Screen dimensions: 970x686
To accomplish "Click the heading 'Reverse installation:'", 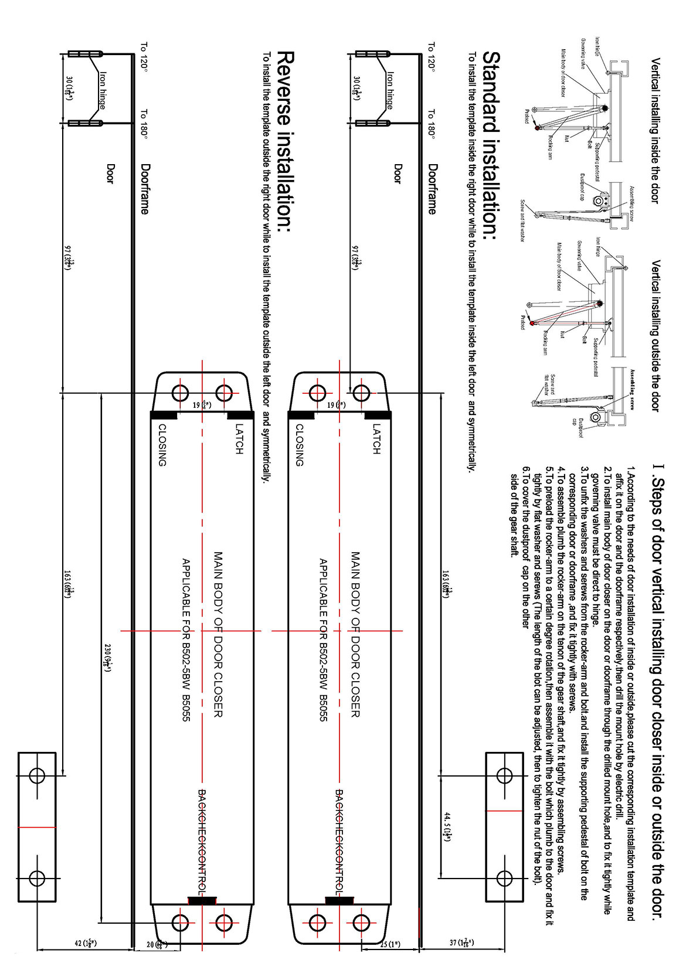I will click(x=286, y=141).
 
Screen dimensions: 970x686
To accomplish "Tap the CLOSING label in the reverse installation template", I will click(x=162, y=445).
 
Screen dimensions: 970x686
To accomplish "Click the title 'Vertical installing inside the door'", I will click(x=655, y=130).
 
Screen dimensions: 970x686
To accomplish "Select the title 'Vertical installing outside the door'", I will click(x=655, y=335).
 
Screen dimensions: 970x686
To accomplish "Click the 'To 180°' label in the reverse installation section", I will click(x=144, y=124).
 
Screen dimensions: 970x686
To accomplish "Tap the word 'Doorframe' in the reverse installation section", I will click(x=144, y=189).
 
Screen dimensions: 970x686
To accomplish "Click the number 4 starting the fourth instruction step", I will click(x=561, y=470).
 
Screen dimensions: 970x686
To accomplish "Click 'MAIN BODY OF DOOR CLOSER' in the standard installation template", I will click(x=355, y=633).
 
